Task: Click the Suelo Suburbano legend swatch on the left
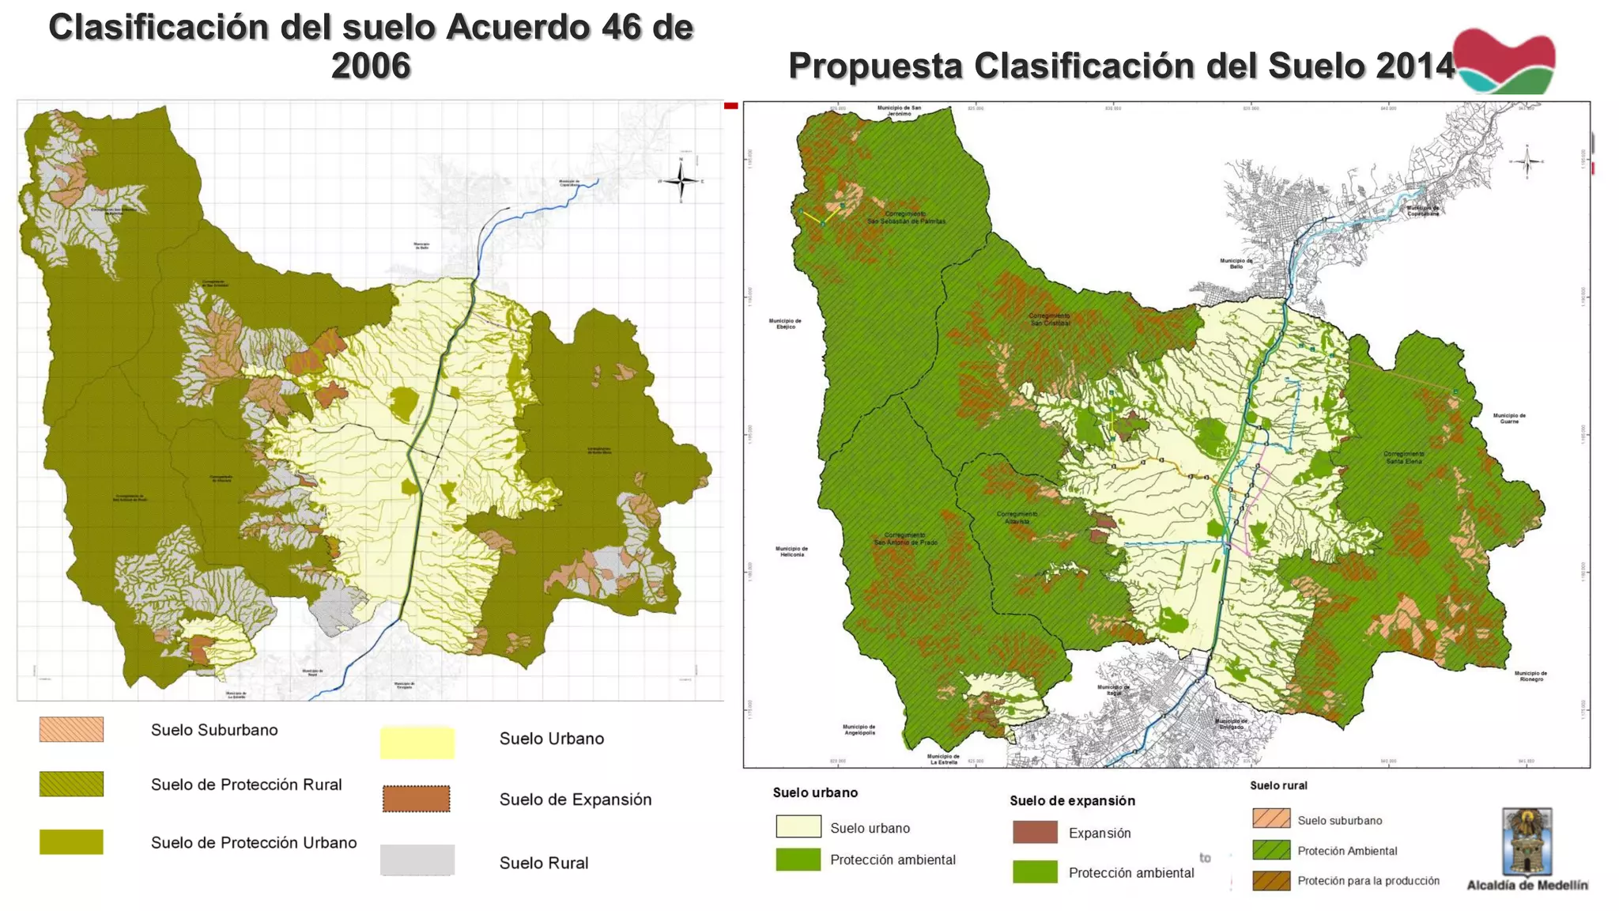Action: pos(71,729)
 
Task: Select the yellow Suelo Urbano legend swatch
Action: pos(417,743)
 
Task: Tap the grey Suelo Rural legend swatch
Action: pos(417,860)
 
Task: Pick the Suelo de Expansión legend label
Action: pos(575,799)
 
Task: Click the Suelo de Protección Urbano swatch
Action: pos(71,841)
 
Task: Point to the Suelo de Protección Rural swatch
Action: pos(71,784)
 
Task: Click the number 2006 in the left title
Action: pos(371,66)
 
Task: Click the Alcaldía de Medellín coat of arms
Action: pos(1527,841)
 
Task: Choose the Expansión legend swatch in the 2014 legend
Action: pos(1035,832)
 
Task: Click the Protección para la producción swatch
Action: pos(1271,880)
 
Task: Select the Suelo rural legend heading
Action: pos(1278,785)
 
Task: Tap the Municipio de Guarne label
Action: pos(1509,418)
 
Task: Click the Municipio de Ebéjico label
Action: pos(785,323)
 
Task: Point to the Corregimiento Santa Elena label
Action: pos(1404,457)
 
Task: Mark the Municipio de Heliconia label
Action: pos(791,551)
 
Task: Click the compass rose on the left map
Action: pos(681,181)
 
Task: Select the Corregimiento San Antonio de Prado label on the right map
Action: pos(905,539)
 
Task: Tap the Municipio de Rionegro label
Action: pos(1530,676)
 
